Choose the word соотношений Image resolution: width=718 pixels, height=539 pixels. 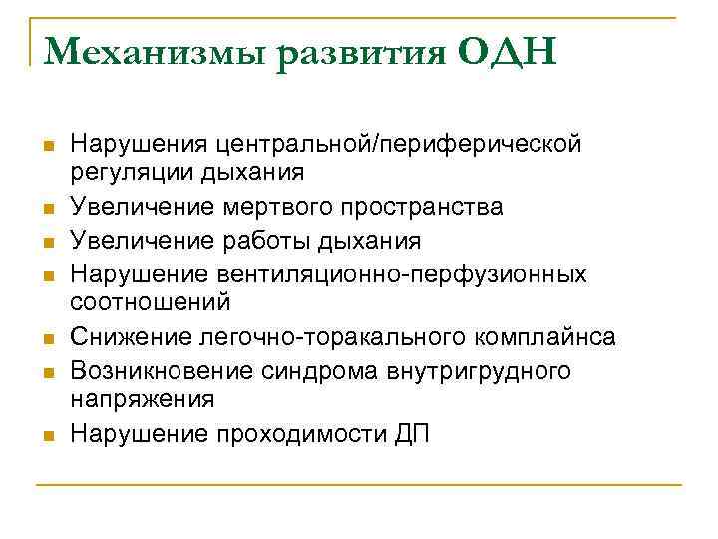(x=137, y=300)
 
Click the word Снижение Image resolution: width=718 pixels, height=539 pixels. (x=120, y=337)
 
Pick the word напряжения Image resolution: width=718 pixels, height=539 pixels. (x=128, y=398)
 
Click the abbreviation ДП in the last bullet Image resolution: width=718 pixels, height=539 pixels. (x=410, y=435)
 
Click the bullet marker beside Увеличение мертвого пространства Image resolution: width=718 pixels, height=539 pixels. (x=46, y=209)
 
